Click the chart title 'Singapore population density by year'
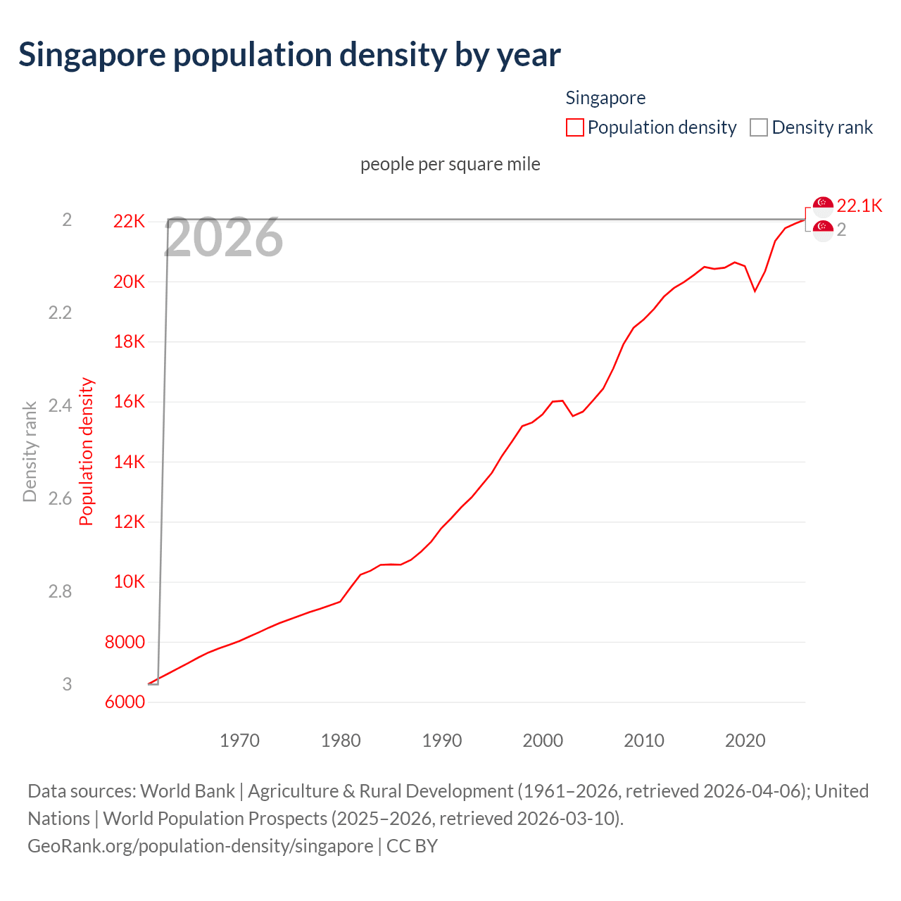[289, 55]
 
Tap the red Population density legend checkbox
[574, 127]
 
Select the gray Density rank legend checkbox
[758, 127]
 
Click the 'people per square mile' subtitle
[450, 164]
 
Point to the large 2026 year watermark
[224, 238]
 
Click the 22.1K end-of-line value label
[859, 206]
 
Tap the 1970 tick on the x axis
[239, 741]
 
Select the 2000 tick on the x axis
[543, 741]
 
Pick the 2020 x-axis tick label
[745, 741]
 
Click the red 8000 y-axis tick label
[125, 642]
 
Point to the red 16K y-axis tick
[129, 402]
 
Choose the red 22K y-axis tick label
[129, 222]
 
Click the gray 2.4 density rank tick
[60, 405]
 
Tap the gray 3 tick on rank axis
[67, 684]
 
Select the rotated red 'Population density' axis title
[86, 452]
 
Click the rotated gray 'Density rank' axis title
[30, 452]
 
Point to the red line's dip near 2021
[755, 291]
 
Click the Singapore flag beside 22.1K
[823, 205]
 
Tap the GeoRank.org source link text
[200, 845]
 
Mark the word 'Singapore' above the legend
[605, 98]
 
